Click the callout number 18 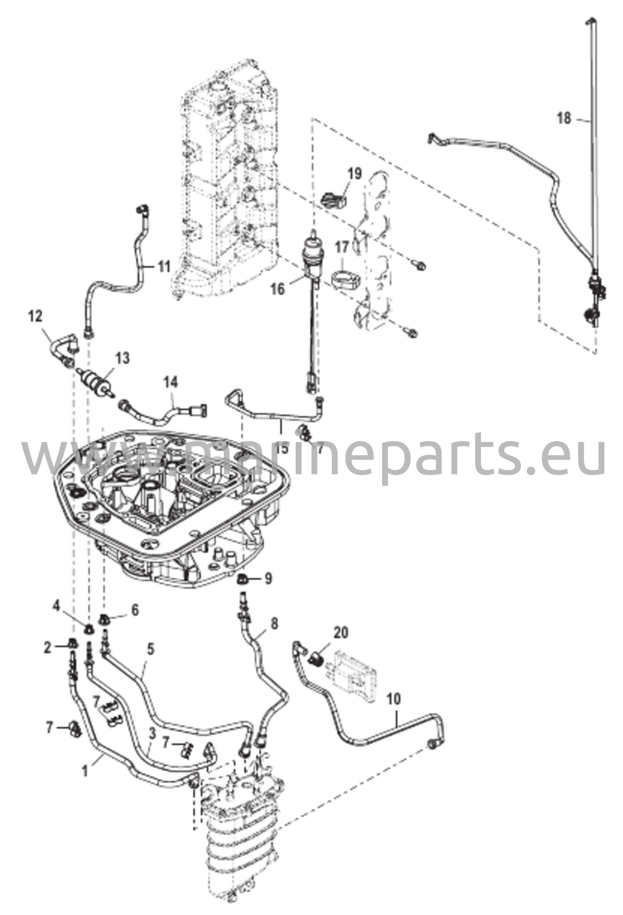pos(564,119)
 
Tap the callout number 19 pos(355,174)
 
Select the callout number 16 pos(278,289)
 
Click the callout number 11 pos(164,267)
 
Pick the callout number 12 pos(35,316)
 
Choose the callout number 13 pos(122,358)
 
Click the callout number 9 pos(268,579)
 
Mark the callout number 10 pos(394,698)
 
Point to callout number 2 pos(47,648)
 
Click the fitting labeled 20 pos(316,657)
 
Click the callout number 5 pos(151,649)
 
